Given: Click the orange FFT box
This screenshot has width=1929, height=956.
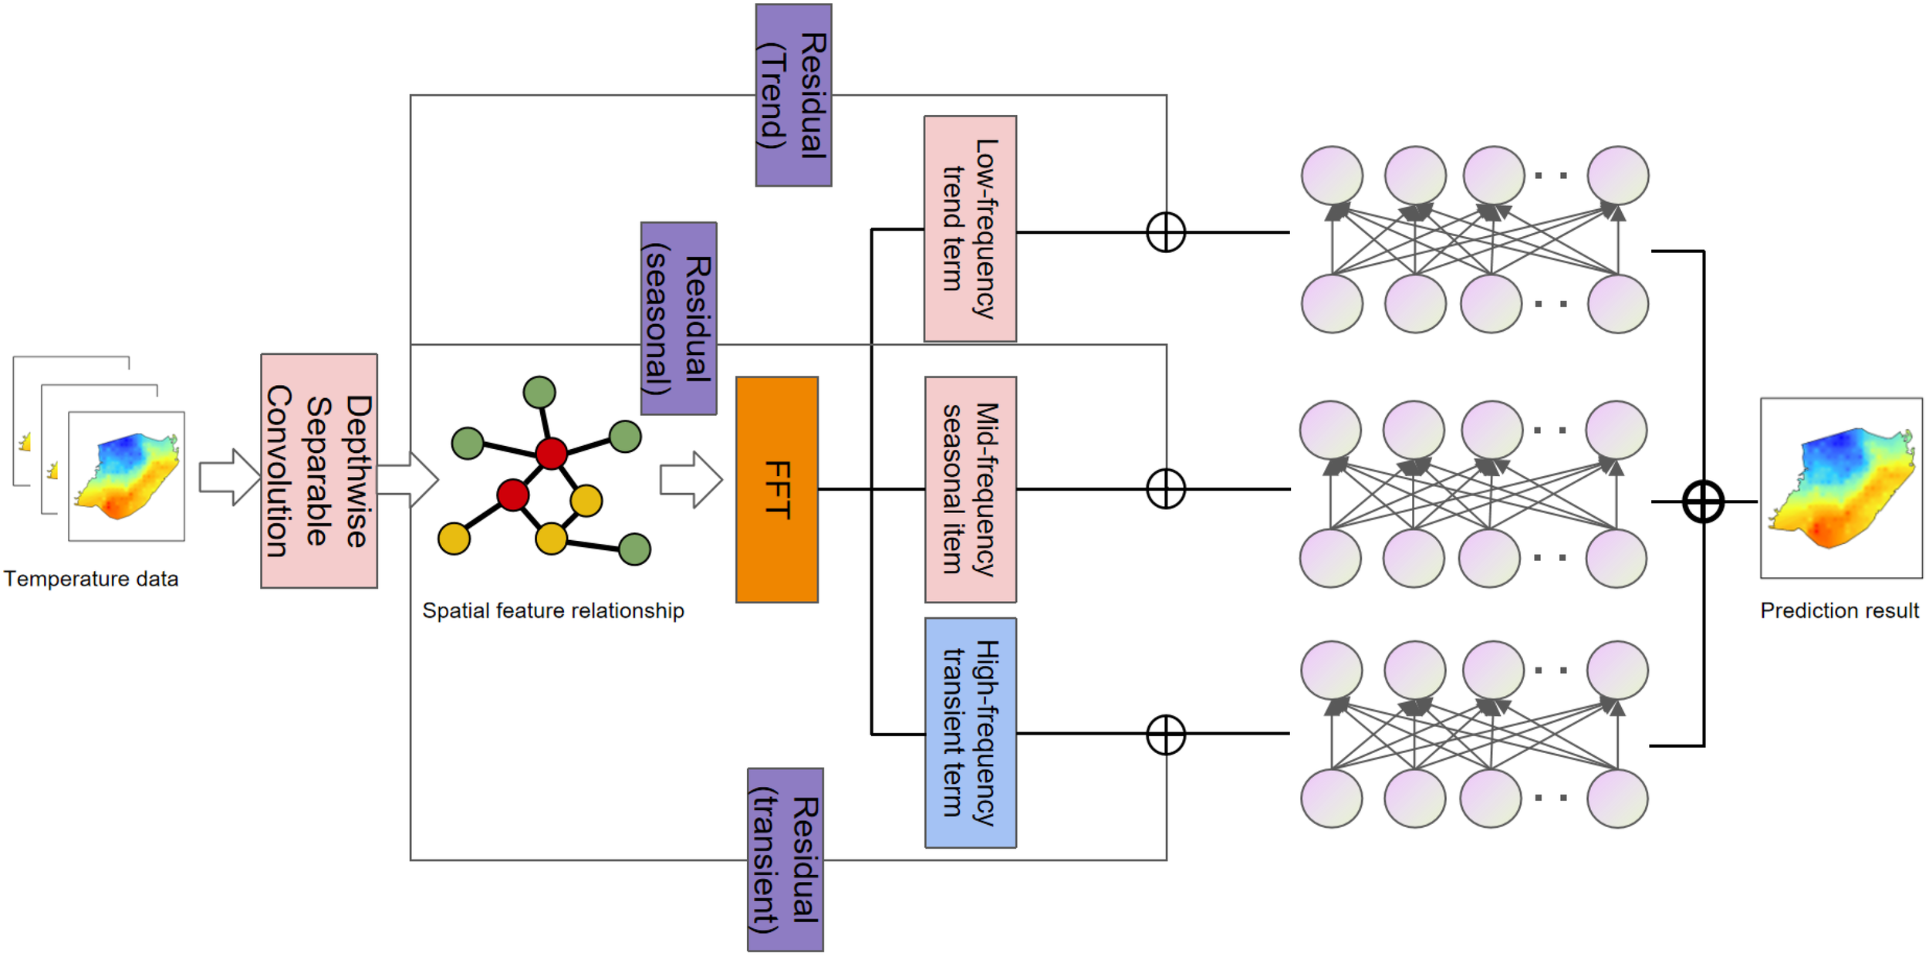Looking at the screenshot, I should pyautogui.click(x=776, y=489).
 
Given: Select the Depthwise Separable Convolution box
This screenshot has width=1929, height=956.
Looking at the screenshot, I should pyautogui.click(x=319, y=471).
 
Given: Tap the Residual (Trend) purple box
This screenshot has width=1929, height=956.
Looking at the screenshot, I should pyautogui.click(x=793, y=95).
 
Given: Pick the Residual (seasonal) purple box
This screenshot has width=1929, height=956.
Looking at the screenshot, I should pyautogui.click(x=678, y=319).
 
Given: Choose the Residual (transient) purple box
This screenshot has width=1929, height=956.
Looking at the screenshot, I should pyautogui.click(x=785, y=859).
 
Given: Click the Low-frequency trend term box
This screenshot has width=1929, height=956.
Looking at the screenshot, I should pyautogui.click(x=970, y=228).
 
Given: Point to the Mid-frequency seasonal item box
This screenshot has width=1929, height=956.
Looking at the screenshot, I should pyautogui.click(x=970, y=489).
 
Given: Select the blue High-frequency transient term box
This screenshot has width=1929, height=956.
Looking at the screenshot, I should pyautogui.click(x=970, y=732).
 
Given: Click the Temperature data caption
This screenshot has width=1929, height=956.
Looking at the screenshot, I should pyautogui.click(x=91, y=579).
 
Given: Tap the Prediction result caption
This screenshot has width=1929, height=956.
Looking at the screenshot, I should pyautogui.click(x=1839, y=610).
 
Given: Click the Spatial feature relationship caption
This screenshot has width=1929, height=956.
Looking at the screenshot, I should pyautogui.click(x=552, y=610).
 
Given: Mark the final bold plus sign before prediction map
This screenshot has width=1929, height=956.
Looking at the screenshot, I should pyautogui.click(x=1703, y=502).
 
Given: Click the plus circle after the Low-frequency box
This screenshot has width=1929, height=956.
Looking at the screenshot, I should pyautogui.click(x=1165, y=231).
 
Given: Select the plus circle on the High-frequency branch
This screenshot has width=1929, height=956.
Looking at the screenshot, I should pyautogui.click(x=1165, y=734).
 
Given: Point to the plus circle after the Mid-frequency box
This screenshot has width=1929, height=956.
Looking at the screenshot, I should pyautogui.click(x=1165, y=488).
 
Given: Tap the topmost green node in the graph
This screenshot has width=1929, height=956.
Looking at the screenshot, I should pyautogui.click(x=539, y=392).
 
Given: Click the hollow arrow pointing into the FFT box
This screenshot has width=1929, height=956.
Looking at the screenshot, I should pyautogui.click(x=691, y=479).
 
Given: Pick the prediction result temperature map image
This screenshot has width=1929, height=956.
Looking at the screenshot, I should pyautogui.click(x=1840, y=488).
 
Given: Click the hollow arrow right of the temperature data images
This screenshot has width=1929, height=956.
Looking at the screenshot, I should pyautogui.click(x=229, y=477).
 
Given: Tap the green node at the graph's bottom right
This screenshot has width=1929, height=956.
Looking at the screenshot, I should pyautogui.click(x=634, y=549).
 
